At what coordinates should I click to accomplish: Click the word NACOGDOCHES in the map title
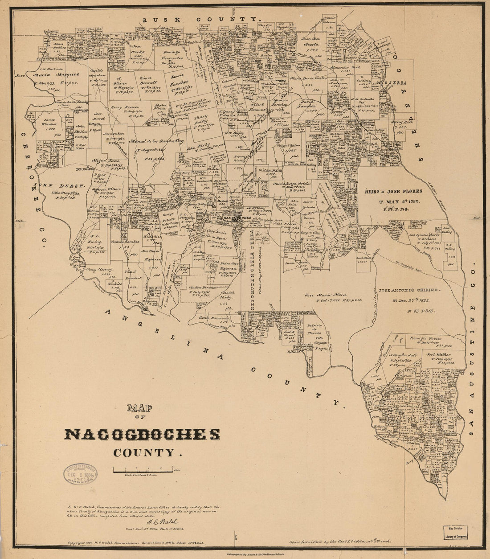[x=143, y=435]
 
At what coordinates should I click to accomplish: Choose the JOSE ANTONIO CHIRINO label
[x=409, y=290]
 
